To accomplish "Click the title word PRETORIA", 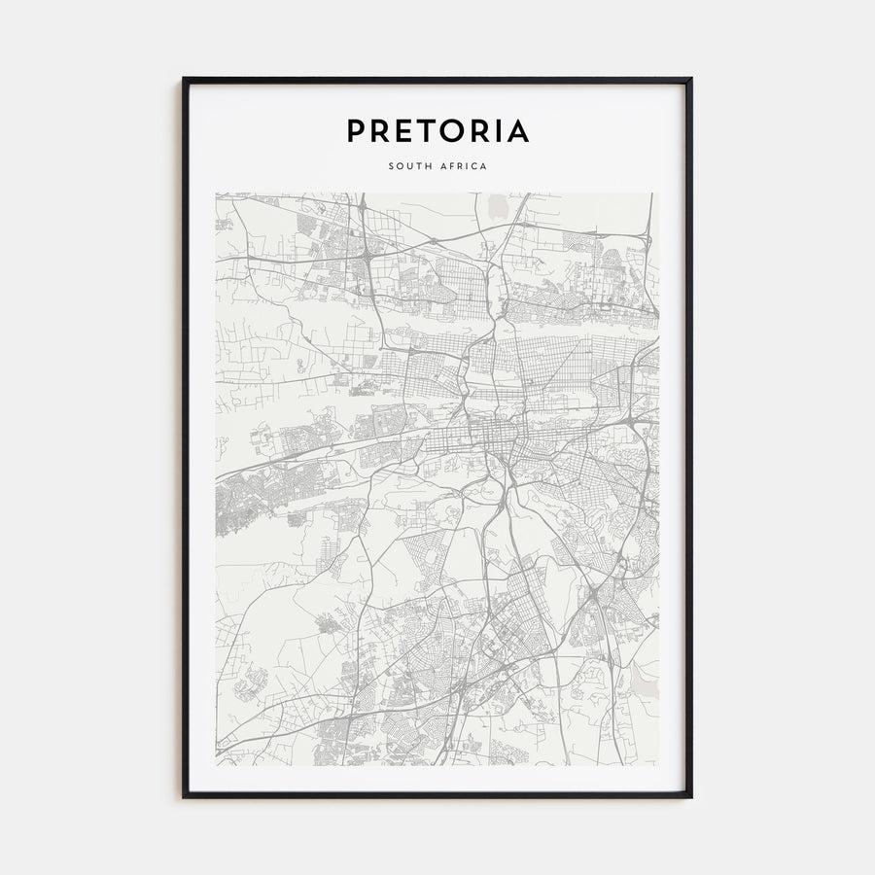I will [x=437, y=130].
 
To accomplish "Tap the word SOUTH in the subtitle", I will [x=409, y=166].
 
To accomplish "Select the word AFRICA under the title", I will [x=463, y=166].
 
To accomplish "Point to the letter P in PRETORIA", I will [x=356, y=130].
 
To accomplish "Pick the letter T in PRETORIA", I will [x=429, y=130].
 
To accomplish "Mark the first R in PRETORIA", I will [x=380, y=130].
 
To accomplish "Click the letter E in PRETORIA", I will [x=404, y=130].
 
